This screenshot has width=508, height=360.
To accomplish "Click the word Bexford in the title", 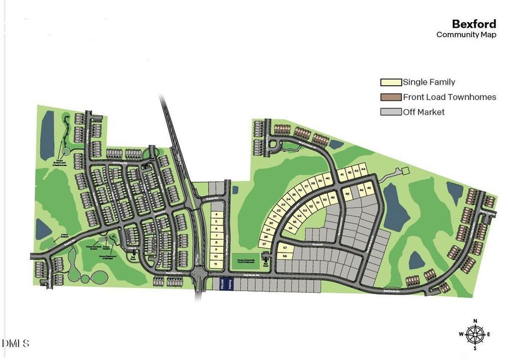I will coord(474,24).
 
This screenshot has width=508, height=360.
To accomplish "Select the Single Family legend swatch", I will coord(390,82).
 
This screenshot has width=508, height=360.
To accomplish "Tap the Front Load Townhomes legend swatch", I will coord(390,97).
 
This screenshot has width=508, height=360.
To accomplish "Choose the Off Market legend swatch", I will coord(390,112).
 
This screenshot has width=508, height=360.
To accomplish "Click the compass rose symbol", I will coord(476,334).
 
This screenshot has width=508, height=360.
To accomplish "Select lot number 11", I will coord(215,264).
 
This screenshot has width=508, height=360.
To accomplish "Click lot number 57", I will coord(285,248).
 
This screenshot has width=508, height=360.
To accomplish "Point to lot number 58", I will coord(285,256).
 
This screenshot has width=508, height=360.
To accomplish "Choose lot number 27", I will coord(263,244).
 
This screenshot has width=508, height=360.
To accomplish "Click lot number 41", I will coord(342,174).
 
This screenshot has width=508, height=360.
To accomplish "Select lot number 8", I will coord(215,242).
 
